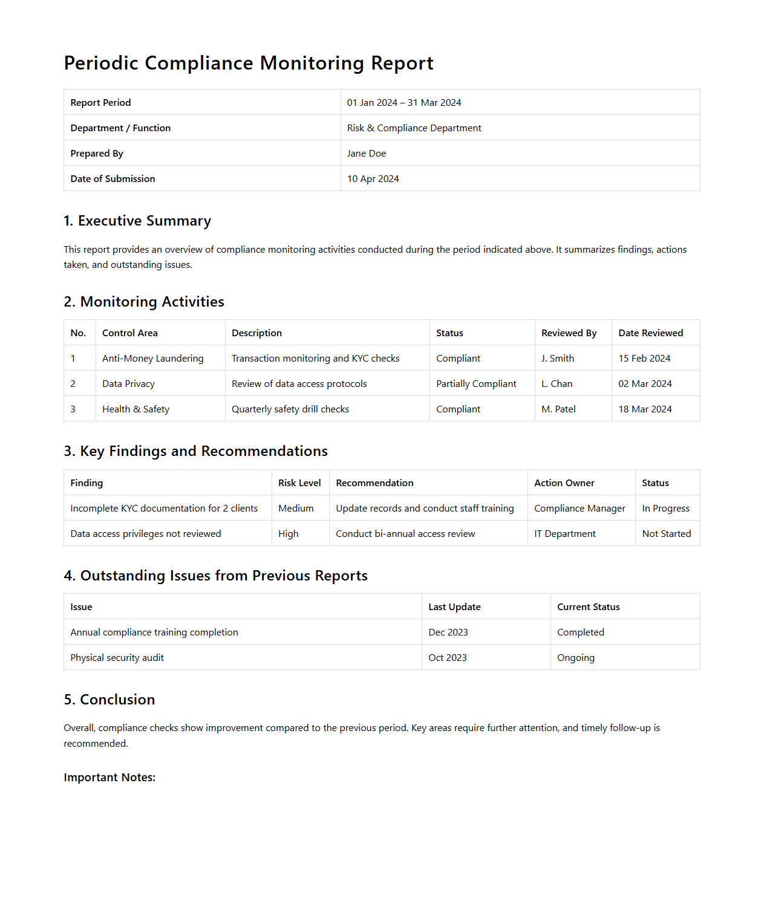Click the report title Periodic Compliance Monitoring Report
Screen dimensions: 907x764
coord(249,63)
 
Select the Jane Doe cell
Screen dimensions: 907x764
coord(367,154)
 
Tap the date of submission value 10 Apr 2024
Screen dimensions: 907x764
coord(373,179)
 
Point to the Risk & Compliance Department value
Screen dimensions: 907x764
coord(414,128)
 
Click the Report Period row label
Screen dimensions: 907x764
coord(100,103)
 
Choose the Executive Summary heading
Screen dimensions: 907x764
coord(137,221)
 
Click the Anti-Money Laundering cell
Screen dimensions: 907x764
coord(152,359)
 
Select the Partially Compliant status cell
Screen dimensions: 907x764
coord(476,384)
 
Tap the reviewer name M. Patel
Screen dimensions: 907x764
coord(558,409)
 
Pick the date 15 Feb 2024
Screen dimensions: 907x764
coord(644,359)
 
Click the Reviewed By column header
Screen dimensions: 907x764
coord(569,333)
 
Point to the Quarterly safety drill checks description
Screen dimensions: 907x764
coord(290,409)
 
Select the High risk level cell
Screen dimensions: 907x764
coord(289,534)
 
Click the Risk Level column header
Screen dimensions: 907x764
coord(299,483)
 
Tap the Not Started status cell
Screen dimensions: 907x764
coord(667,534)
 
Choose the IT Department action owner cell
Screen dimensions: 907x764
coord(565,534)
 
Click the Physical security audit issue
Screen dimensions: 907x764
coord(117,658)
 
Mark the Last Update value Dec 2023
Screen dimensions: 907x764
coord(448,632)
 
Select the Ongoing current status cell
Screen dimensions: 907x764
coord(576,658)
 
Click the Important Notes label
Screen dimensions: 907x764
coord(109,778)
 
